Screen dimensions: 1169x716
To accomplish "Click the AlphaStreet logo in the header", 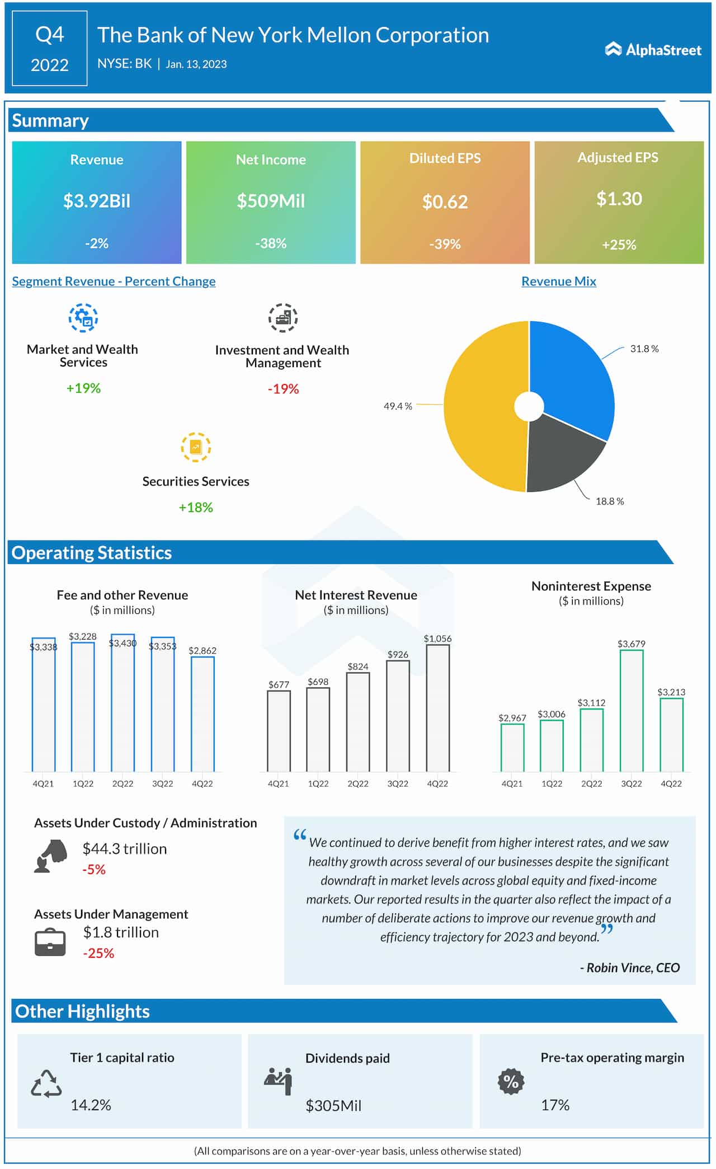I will tap(653, 50).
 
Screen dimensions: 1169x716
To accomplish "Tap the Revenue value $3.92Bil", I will tap(97, 201).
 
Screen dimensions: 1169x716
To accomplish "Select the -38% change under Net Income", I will tap(271, 243).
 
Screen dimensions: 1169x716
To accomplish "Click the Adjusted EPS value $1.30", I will tap(619, 199).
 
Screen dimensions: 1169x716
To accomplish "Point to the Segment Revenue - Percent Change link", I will tap(114, 281).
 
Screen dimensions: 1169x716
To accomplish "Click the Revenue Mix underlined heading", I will tap(558, 281).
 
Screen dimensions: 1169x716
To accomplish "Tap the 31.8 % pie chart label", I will tap(644, 349).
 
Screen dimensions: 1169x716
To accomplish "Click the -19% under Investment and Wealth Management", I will tap(283, 389).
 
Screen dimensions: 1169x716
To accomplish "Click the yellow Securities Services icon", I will tap(196, 447).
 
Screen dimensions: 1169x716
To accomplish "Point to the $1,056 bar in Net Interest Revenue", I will tap(437, 708).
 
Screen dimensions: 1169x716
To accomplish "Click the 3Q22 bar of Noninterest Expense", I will tap(631, 711).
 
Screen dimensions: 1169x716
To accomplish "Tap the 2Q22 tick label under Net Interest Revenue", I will tap(358, 783).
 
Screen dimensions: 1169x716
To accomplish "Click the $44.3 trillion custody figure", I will tap(125, 849).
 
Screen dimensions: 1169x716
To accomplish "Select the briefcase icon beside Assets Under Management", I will tap(50, 942).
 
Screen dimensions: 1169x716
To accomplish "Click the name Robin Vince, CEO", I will tap(630, 968).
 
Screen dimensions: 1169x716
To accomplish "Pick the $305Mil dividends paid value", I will tap(333, 1105).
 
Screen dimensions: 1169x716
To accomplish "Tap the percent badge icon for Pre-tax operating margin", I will tap(511, 1081).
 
